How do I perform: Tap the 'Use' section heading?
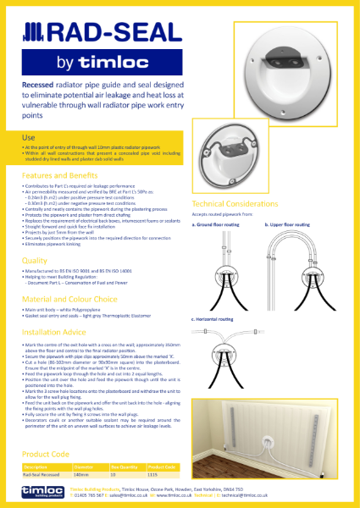tap(28, 136)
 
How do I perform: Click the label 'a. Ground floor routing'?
tap(217, 225)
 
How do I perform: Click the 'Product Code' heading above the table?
tap(43, 454)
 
